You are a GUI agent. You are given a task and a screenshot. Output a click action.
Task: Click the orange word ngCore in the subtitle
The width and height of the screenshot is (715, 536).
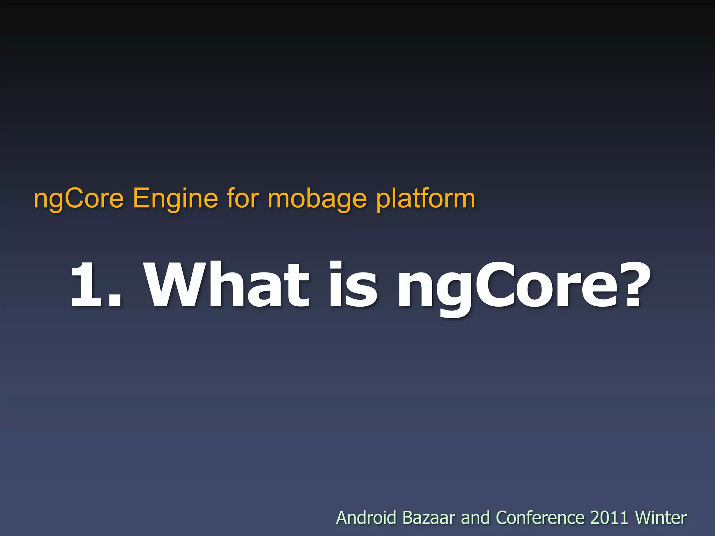pyautogui.click(x=79, y=199)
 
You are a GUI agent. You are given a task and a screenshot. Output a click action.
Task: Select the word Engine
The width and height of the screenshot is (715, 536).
pyautogui.click(x=176, y=199)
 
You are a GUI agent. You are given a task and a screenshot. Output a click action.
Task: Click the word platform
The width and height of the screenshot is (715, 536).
pyautogui.click(x=426, y=199)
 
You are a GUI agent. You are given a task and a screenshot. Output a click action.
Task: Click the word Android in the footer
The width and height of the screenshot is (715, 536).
pyautogui.click(x=366, y=518)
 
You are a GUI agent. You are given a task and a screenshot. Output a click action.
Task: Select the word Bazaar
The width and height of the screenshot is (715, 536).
pyautogui.click(x=429, y=518)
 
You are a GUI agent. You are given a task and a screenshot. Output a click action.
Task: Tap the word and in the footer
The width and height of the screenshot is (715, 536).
pyautogui.click(x=475, y=518)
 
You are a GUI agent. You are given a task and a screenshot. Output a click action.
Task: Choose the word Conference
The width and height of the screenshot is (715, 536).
pyautogui.click(x=540, y=518)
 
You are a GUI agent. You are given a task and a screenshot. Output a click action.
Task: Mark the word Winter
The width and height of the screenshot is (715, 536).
pyautogui.click(x=661, y=518)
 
